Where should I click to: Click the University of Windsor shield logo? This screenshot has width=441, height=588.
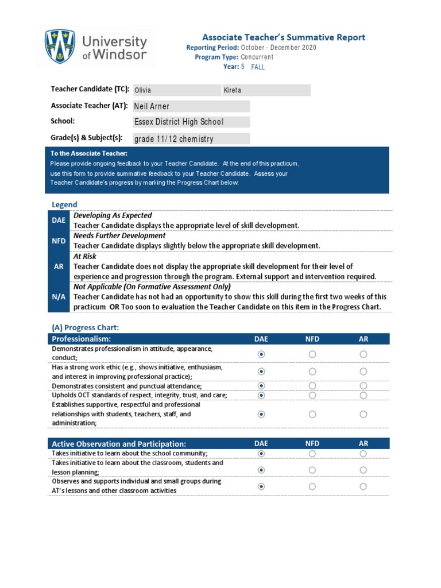pos(60,48)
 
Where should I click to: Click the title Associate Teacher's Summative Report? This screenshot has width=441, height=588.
pos(283,37)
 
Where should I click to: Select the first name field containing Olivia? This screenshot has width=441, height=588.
pos(176,90)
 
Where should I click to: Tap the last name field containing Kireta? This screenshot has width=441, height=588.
pos(266,90)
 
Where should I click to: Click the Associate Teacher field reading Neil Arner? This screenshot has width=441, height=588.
pos(191,106)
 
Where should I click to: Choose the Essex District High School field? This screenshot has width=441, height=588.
pos(191,122)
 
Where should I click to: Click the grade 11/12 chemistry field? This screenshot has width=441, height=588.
pos(191,139)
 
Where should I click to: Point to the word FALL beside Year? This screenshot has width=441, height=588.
pos(258,67)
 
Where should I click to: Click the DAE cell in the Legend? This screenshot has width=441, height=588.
pos(59,220)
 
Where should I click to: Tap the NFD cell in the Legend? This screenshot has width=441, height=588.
pos(59,241)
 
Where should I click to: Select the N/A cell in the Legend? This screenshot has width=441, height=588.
pos(59,296)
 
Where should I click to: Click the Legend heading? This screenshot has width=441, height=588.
pos(64,204)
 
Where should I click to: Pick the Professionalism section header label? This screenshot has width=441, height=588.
pos(81,339)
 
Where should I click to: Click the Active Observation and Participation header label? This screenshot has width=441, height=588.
pos(119,444)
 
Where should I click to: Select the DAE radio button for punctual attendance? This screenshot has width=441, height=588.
pos(261,386)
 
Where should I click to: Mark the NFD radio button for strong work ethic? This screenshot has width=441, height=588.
pos(312,372)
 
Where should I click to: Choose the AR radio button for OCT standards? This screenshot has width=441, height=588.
pos(363,395)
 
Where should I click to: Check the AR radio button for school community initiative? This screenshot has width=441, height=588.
pos(363,453)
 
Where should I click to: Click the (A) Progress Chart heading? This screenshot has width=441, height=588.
pos(86,327)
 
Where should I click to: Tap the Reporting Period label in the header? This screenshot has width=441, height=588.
pos(212,47)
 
